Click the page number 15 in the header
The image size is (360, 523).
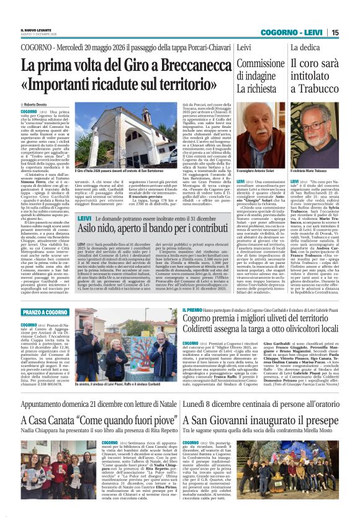352,32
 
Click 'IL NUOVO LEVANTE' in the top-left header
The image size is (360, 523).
37,30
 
